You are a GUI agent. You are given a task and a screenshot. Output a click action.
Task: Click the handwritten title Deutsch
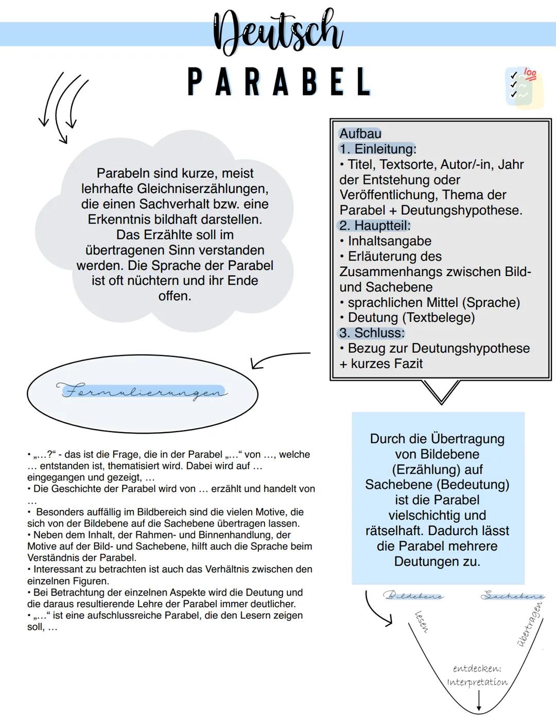(278, 32)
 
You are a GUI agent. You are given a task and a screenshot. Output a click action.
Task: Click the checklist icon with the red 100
(524, 87)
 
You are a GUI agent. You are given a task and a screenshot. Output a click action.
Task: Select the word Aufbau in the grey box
(360, 134)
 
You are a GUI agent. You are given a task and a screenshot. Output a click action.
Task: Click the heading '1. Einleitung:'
(377, 149)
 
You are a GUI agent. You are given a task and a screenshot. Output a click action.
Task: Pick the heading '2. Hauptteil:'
(374, 226)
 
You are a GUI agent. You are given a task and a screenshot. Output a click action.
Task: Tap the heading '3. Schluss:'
(372, 333)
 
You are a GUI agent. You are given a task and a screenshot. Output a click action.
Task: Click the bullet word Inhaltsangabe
(389, 241)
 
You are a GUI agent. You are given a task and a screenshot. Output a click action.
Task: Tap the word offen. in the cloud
(175, 296)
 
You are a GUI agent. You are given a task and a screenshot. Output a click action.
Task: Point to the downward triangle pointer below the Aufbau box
(441, 391)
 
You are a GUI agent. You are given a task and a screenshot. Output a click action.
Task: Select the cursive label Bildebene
(413, 595)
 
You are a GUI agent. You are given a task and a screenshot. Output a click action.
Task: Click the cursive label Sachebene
(512, 595)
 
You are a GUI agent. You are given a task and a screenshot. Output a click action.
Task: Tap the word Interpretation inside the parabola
(477, 682)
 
